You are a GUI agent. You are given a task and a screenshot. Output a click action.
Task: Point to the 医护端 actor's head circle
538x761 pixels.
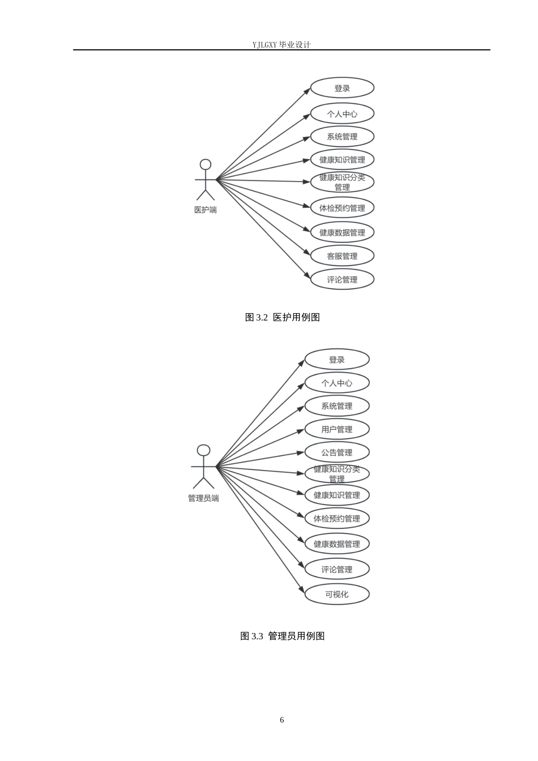coord(205,159)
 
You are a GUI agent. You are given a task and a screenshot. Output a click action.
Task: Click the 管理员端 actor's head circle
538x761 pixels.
coord(203,446)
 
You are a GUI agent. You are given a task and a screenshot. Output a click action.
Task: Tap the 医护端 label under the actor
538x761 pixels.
coord(205,210)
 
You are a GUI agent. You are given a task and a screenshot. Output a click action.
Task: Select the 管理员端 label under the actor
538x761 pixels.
coord(203,498)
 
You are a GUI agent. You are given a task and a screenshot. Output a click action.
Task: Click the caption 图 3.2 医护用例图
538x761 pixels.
coord(283,317)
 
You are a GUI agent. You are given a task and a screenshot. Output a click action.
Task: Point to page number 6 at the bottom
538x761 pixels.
coord(282,720)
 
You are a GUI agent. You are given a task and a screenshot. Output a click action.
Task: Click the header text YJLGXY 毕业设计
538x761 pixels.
coord(281,45)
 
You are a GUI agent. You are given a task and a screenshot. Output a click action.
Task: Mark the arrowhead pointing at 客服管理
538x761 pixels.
coord(306,252)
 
